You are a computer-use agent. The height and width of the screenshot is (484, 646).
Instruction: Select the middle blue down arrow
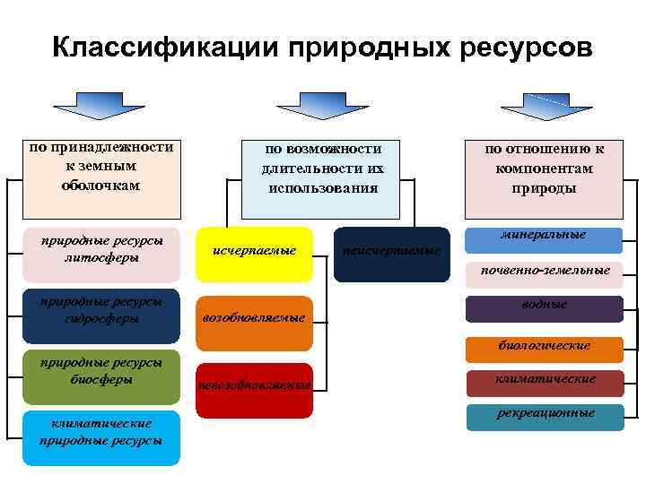[x=320, y=104]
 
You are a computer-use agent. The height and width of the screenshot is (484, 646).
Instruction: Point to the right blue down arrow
[x=543, y=104]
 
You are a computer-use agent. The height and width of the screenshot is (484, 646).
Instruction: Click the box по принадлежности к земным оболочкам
[x=100, y=177]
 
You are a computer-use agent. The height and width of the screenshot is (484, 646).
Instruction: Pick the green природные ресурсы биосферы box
[x=100, y=376]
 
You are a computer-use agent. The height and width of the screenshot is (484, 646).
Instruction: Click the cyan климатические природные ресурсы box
[x=100, y=438]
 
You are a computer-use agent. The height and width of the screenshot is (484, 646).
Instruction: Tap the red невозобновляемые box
[x=254, y=390]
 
